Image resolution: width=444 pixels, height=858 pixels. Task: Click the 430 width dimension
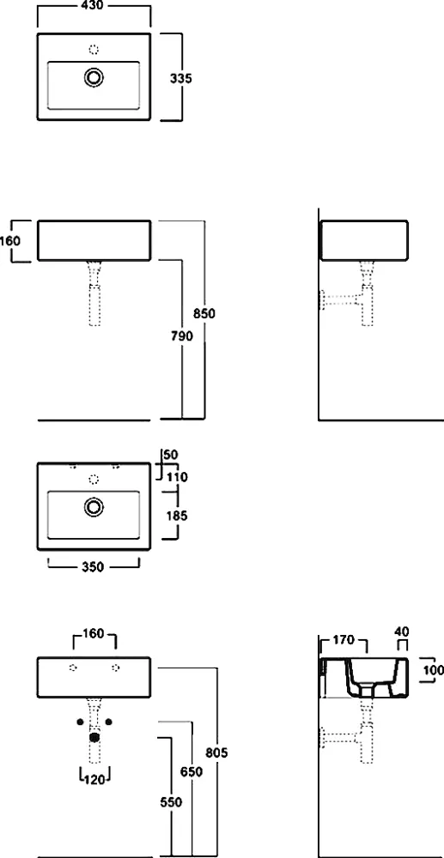(x=94, y=5)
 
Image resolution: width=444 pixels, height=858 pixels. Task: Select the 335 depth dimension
(x=180, y=78)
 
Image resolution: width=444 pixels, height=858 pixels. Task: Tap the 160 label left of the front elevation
(x=9, y=241)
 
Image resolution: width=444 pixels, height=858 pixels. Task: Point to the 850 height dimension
(x=204, y=313)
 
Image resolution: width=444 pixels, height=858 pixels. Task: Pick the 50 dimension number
(x=171, y=455)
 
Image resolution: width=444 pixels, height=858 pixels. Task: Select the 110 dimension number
(x=178, y=477)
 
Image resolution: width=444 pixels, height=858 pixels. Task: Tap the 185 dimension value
(x=176, y=516)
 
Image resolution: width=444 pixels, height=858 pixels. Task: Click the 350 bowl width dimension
(x=93, y=567)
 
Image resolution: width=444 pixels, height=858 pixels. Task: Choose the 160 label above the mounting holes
(x=94, y=635)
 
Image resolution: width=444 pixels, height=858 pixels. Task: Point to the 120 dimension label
(x=94, y=780)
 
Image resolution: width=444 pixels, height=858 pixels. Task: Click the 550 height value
(x=172, y=803)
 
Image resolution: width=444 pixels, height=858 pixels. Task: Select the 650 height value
(x=192, y=772)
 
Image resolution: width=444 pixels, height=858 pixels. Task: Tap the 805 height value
(x=217, y=752)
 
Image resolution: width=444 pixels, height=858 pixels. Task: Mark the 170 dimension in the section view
(x=344, y=640)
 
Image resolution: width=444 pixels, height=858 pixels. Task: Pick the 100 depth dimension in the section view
(x=434, y=669)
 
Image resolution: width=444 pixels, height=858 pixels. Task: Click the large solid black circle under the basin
(x=94, y=737)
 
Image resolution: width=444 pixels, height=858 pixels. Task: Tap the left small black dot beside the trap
(x=81, y=722)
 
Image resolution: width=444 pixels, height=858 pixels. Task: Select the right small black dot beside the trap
(x=108, y=722)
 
